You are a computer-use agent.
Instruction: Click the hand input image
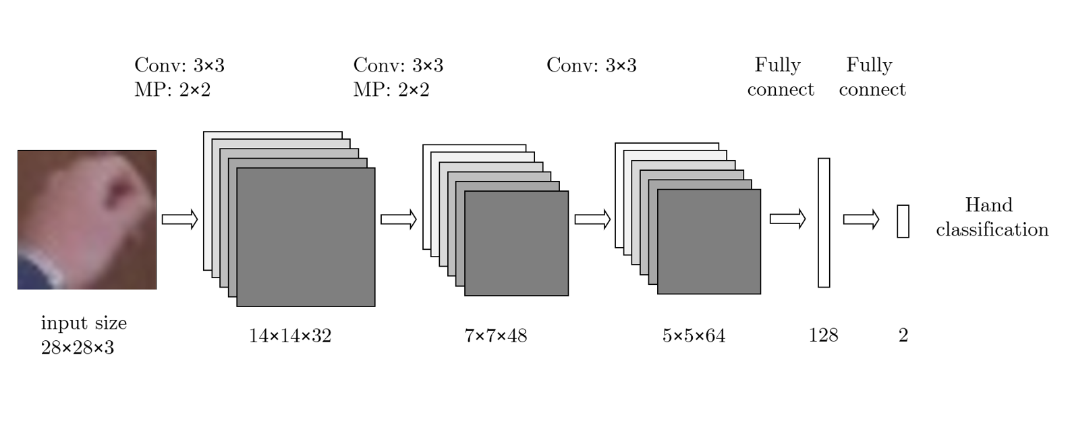click(87, 219)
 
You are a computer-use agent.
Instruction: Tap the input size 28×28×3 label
click(83, 335)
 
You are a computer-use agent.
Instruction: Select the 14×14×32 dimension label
click(290, 336)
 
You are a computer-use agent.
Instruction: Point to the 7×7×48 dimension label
click(496, 336)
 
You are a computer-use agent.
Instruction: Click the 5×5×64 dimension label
click(694, 336)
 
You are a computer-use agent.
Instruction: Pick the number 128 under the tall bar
click(823, 336)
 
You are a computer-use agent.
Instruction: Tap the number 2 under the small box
click(903, 336)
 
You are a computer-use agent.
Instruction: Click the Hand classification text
click(992, 217)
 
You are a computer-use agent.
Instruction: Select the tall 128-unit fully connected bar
click(824, 223)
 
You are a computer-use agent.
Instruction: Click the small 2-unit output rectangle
click(903, 221)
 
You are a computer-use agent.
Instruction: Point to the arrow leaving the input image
click(179, 219)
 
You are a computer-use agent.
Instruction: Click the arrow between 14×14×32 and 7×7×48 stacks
click(399, 219)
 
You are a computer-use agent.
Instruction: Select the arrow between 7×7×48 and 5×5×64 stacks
click(592, 219)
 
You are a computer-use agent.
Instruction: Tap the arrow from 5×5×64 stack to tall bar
click(787, 219)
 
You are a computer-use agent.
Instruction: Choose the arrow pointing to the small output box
click(861, 219)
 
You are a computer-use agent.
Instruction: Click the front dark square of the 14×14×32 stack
click(306, 237)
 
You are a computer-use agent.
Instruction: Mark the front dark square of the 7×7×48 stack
click(516, 243)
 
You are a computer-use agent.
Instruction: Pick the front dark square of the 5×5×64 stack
click(709, 242)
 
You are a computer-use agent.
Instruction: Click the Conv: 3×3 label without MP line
click(591, 65)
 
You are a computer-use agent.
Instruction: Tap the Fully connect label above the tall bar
click(780, 77)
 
